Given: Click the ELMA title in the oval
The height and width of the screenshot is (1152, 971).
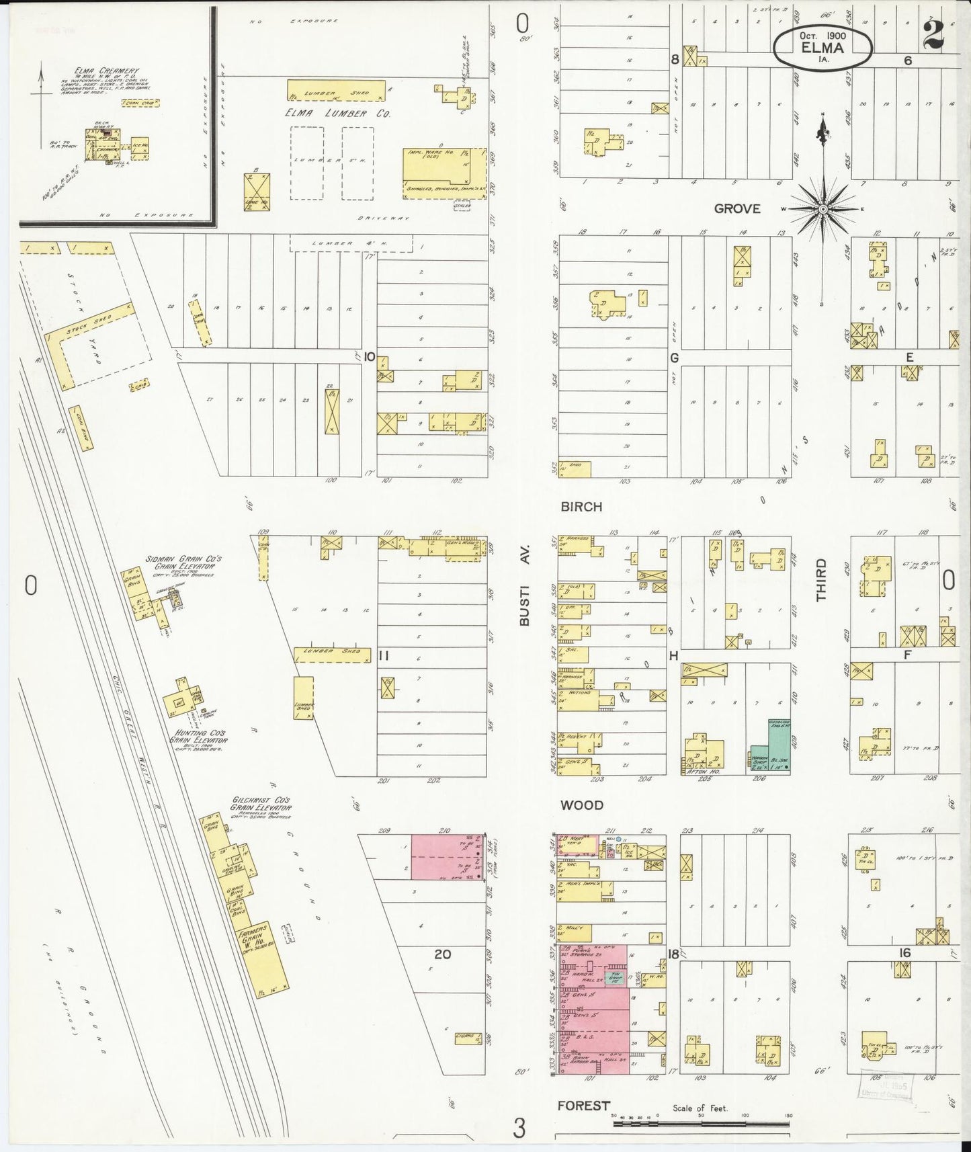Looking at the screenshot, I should (822, 47).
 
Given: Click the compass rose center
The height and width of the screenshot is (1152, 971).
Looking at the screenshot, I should (822, 210).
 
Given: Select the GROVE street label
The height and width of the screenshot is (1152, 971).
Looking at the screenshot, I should (737, 209).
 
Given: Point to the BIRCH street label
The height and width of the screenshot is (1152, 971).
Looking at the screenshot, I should (581, 507).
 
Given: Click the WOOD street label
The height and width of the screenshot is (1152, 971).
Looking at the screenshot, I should (583, 805).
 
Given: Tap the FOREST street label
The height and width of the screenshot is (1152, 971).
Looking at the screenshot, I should (583, 1106).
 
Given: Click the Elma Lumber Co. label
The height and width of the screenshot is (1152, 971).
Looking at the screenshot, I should (337, 114).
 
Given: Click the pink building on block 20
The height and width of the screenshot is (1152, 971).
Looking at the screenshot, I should (445, 856).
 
